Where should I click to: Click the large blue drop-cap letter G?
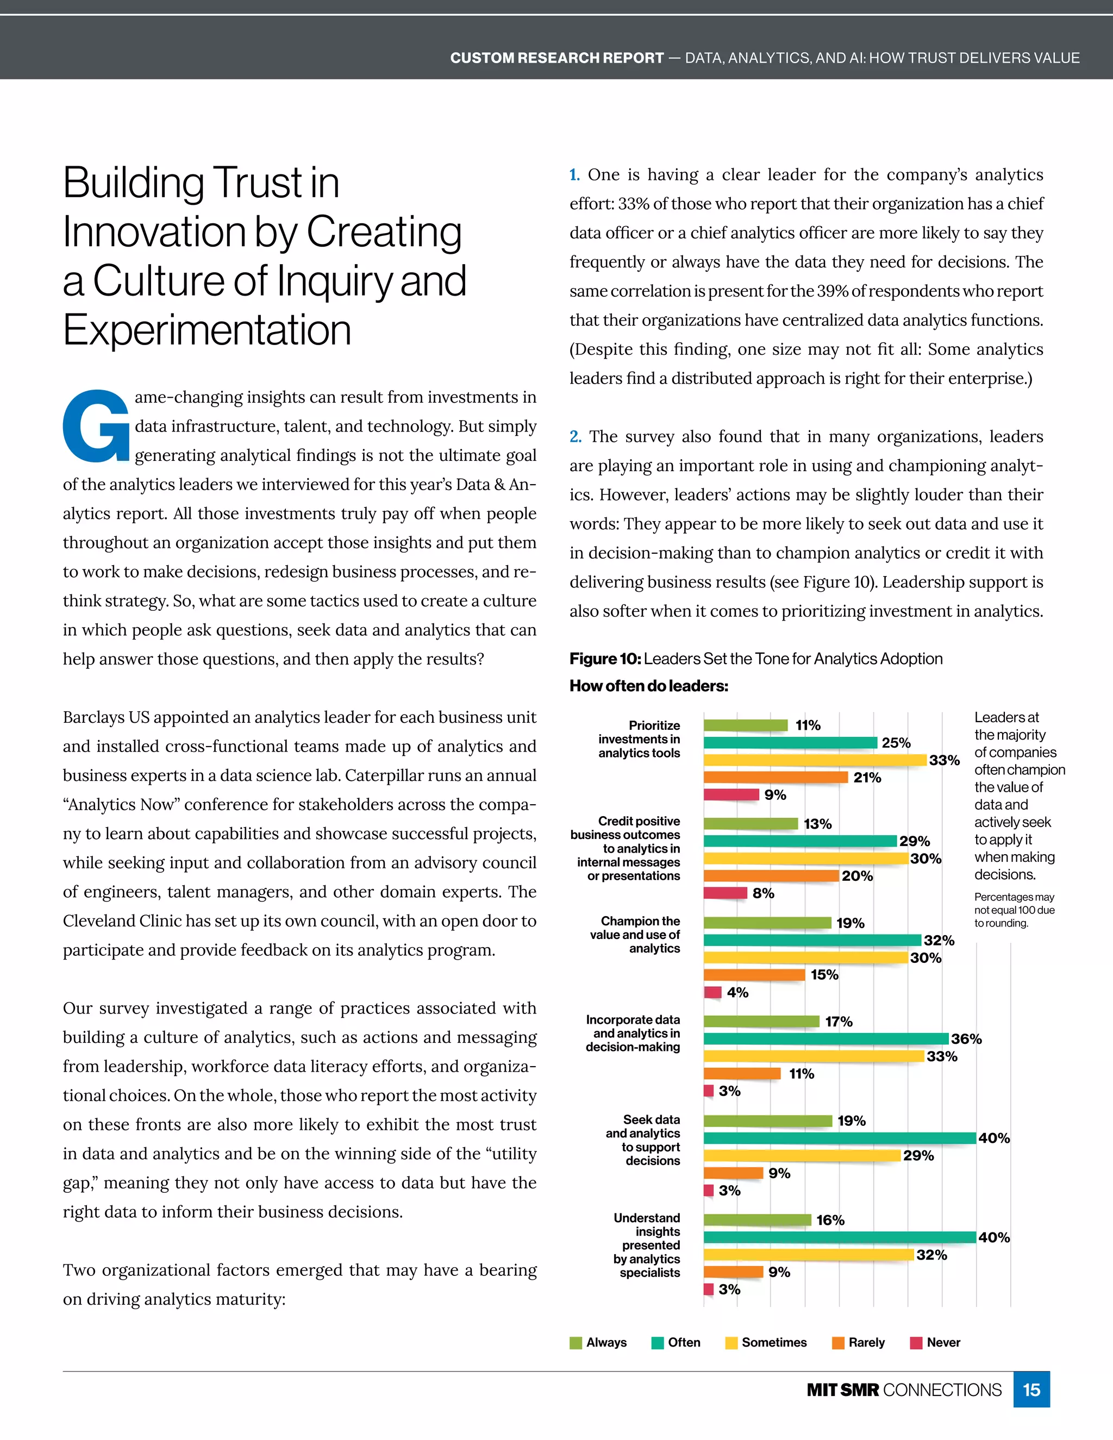pyautogui.click(x=96, y=426)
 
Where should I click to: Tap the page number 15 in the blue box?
pyautogui.click(x=1031, y=1390)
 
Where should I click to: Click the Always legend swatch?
pyautogui.click(x=576, y=1343)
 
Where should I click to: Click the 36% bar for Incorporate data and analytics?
pyautogui.click(x=826, y=1039)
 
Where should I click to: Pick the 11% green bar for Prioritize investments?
pyautogui.click(x=745, y=725)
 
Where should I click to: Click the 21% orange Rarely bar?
pyautogui.click(x=776, y=778)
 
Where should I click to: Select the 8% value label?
pyautogui.click(x=763, y=893)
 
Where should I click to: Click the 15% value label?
pyautogui.click(x=824, y=974)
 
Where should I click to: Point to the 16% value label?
pyautogui.click(x=830, y=1220)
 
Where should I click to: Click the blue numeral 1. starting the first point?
pyautogui.click(x=574, y=175)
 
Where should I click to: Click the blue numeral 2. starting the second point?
pyautogui.click(x=575, y=436)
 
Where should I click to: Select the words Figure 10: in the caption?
pyautogui.click(x=605, y=659)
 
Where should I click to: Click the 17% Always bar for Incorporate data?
pyautogui.click(x=761, y=1022)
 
